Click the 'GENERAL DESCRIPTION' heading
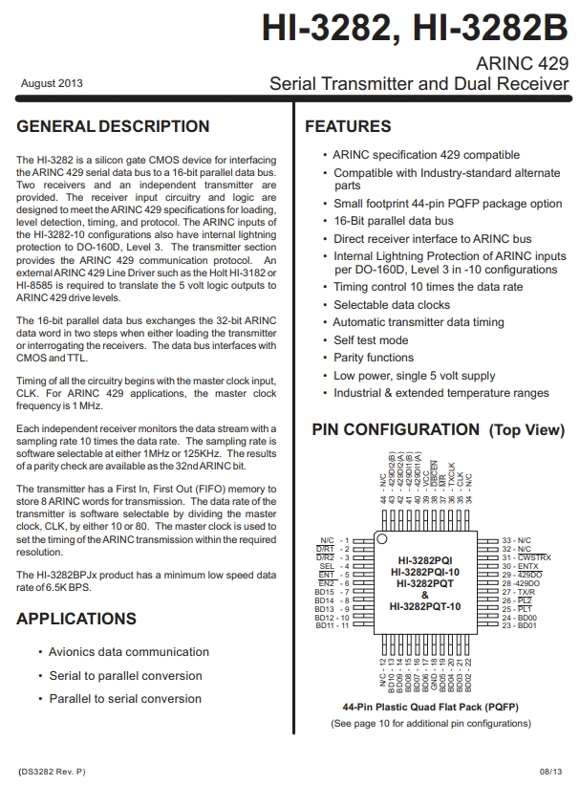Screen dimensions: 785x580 point(113,126)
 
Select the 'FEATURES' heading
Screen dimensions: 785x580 point(348,126)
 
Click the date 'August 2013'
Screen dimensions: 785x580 point(52,84)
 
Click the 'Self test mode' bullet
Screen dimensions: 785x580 point(371,339)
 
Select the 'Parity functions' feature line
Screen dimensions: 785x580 point(374,358)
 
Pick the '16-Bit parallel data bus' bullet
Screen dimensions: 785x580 point(393,221)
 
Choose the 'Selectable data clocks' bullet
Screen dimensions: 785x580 point(391,304)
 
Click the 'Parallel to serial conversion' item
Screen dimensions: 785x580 point(125,699)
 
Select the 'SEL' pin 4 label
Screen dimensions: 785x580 point(331,566)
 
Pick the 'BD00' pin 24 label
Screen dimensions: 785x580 point(528,618)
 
